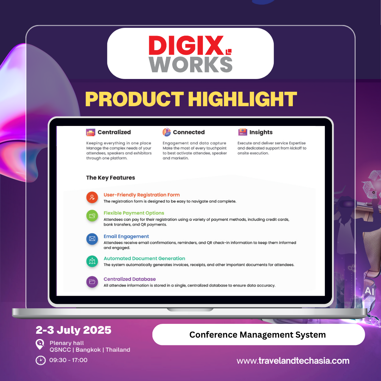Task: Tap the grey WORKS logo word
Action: click(x=190, y=64)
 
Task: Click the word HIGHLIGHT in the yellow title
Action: click(x=244, y=99)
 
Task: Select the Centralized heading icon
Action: click(x=91, y=132)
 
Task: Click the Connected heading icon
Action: click(x=167, y=132)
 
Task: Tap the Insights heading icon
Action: click(x=242, y=132)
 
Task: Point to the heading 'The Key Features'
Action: click(x=110, y=177)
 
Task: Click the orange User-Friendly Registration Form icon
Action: click(x=92, y=198)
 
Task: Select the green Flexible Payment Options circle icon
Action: click(x=92, y=216)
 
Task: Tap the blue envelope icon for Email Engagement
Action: click(x=92, y=239)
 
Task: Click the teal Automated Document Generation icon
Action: click(x=92, y=261)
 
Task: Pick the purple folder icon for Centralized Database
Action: click(x=92, y=282)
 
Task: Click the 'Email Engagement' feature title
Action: click(x=126, y=236)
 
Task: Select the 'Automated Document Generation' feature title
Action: click(x=144, y=258)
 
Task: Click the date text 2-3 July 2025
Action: click(x=73, y=330)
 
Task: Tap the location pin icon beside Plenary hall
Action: click(x=40, y=344)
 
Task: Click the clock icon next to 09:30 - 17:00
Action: click(x=41, y=360)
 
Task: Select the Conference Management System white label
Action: click(x=258, y=334)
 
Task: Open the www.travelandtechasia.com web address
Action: click(x=293, y=361)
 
